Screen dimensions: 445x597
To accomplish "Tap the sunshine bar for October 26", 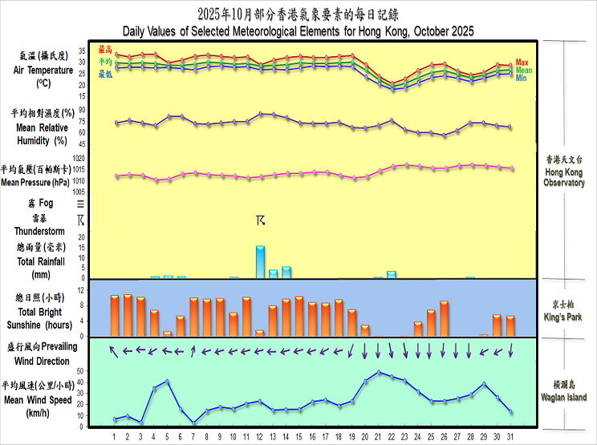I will tap(444, 318).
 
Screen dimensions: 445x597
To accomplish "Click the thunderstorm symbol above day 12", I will tap(260, 220).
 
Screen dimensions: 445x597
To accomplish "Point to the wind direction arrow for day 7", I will tap(193, 350).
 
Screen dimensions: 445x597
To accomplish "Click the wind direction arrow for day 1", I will tap(114, 350).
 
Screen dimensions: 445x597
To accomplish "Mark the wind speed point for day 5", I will tap(167, 381).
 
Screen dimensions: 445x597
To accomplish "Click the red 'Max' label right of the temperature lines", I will tap(522, 62).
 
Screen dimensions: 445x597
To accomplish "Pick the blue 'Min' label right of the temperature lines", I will tap(521, 79).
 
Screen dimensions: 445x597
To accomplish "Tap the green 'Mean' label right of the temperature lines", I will tap(523, 71).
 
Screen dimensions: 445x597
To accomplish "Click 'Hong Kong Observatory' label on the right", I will tap(564, 177).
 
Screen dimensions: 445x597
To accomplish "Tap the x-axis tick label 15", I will tap(299, 437).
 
